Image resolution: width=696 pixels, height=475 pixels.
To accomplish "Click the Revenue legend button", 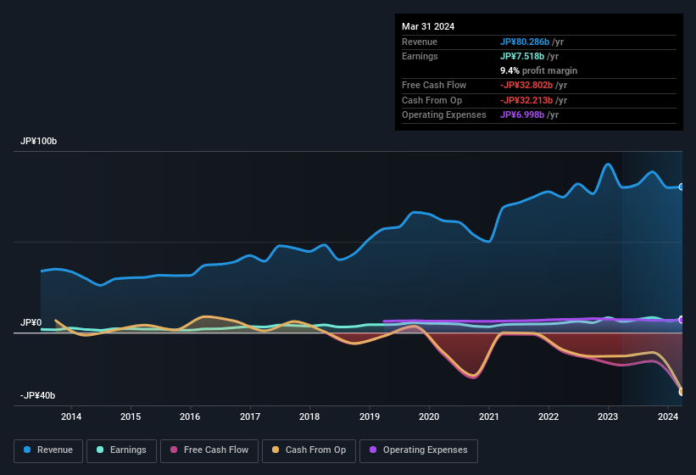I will [x=48, y=450].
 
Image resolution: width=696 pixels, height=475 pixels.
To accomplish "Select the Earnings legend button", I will [x=121, y=450].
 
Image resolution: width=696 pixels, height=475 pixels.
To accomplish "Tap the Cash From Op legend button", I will [x=308, y=450].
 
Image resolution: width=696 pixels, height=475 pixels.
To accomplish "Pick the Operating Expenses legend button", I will [x=419, y=450].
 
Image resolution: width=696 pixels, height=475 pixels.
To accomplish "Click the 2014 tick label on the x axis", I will [x=71, y=416].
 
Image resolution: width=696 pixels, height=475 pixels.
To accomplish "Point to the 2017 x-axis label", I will [x=250, y=416].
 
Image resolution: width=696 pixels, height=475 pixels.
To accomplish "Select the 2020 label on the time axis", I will [x=429, y=416].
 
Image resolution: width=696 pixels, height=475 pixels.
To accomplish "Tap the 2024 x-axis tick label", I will [x=668, y=416].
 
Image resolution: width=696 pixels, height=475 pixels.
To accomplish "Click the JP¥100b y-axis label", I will [x=38, y=141].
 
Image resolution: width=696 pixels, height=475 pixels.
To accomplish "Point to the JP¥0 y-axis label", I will [x=31, y=323].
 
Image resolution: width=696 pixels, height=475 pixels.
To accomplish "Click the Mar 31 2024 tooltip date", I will [x=428, y=26].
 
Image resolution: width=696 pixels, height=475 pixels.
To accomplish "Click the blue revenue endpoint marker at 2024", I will [x=682, y=187].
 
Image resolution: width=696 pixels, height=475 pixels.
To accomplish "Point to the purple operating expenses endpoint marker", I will [x=682, y=320].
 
